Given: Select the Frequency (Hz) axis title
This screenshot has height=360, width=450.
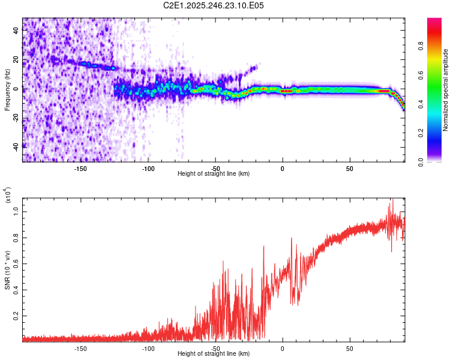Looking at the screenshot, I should click(x=8, y=89).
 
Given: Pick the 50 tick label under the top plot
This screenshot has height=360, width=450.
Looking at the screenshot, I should click(x=349, y=169).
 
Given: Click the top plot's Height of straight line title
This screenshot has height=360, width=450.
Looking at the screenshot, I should click(x=214, y=174).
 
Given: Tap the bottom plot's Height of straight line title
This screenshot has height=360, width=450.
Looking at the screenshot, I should click(x=214, y=354).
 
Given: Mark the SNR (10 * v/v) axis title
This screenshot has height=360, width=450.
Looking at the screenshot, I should click(x=8, y=269).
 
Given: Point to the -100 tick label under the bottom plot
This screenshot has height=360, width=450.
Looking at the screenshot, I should click(x=148, y=349).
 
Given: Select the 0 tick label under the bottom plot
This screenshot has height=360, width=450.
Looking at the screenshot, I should click(x=282, y=349).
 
